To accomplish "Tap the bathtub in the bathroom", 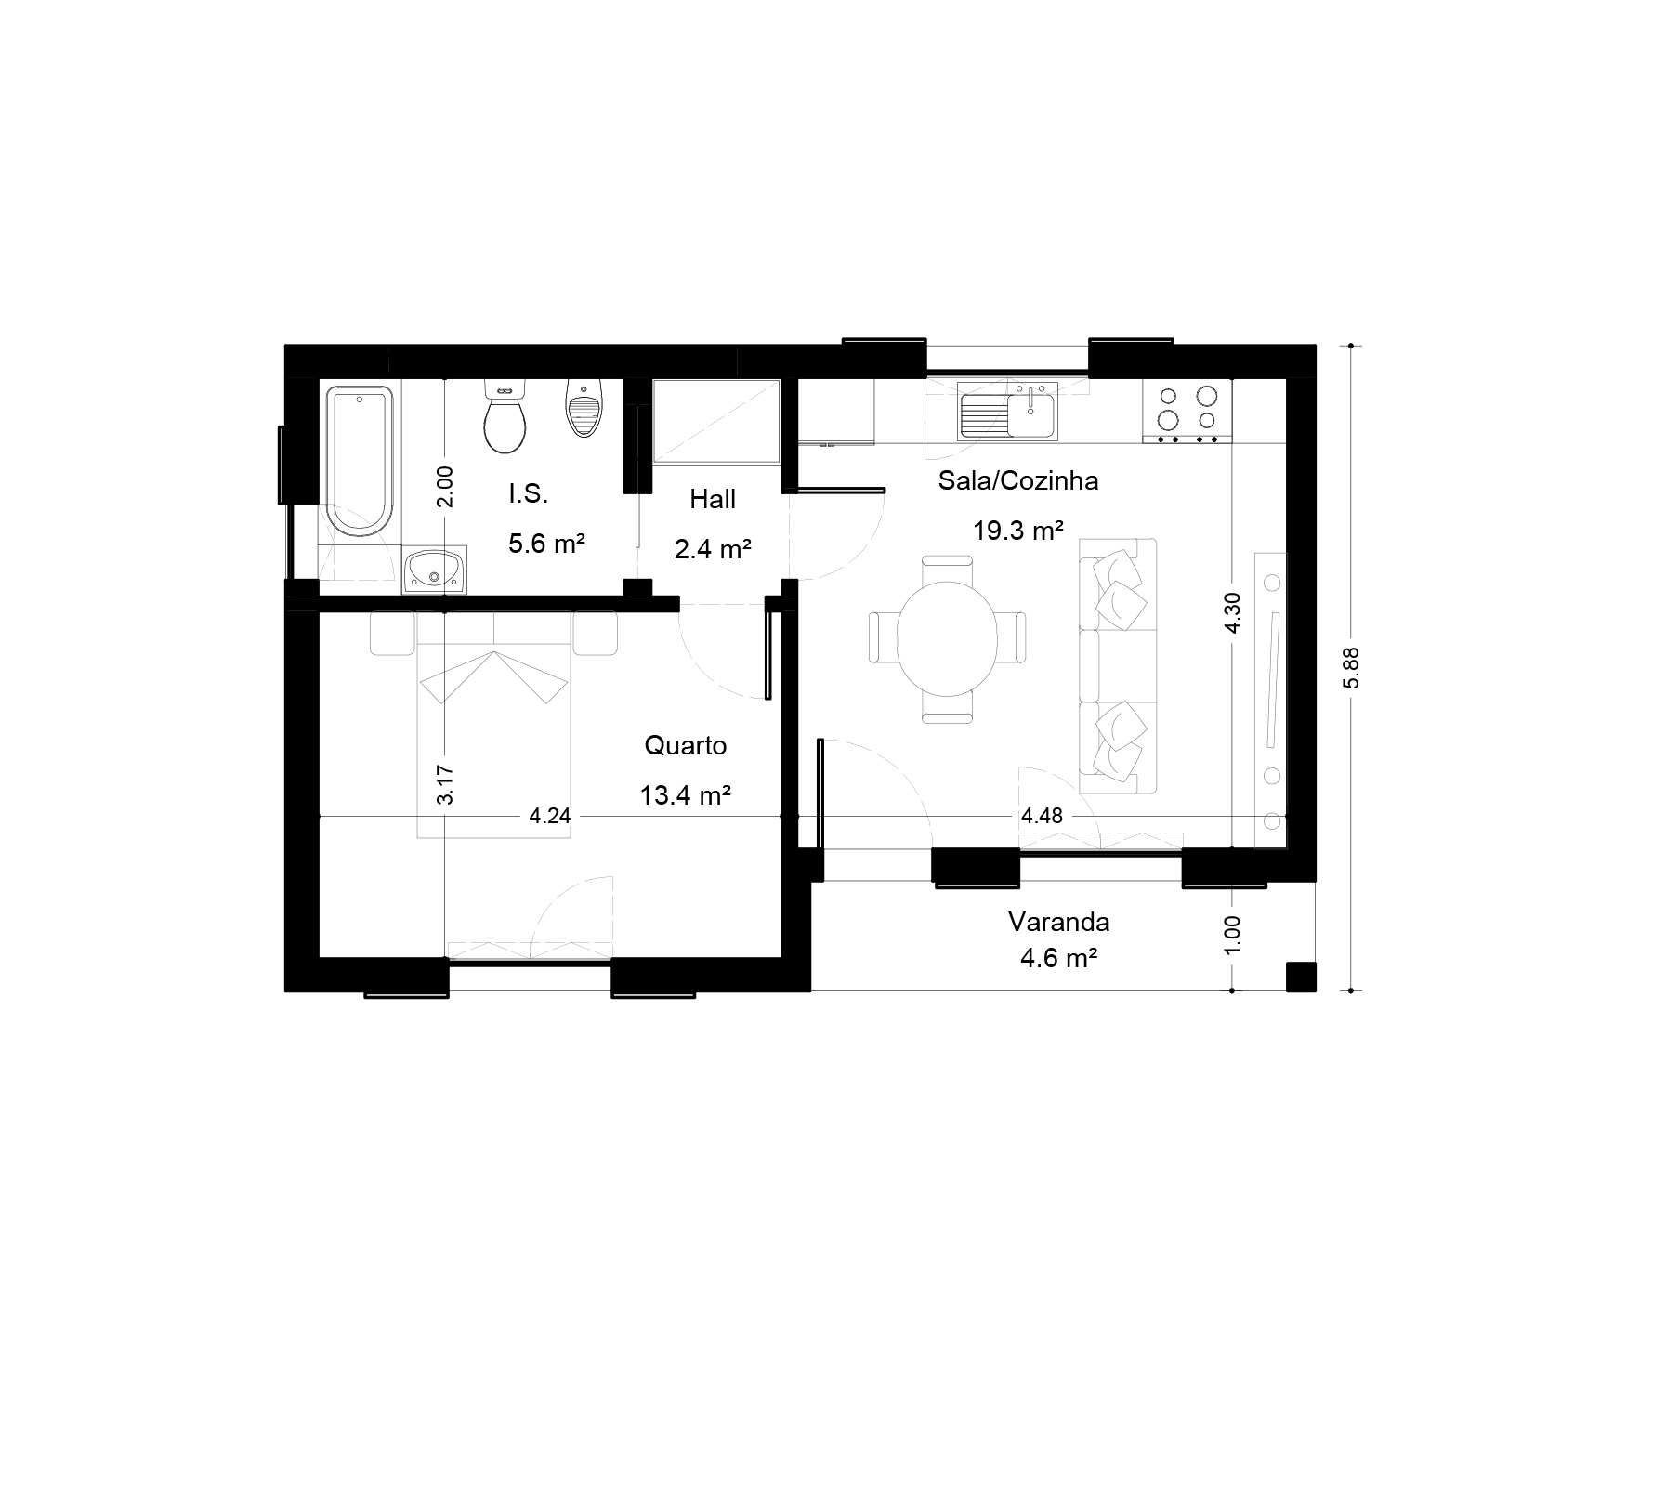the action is coord(360,462).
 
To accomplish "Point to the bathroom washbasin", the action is coord(435,569).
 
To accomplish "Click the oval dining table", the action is coord(947,638).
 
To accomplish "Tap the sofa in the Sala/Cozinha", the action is coord(1118,665).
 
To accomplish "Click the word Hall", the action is coord(713,500).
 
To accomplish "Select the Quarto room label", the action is coord(686,745).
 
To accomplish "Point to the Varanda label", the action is coord(1059,922).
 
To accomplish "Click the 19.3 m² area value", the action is coord(1018,531).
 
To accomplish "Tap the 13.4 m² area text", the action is coord(686,795).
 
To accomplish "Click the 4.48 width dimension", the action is coord(1042,816).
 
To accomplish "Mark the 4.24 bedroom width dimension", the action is coord(549,816).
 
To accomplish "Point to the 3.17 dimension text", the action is coord(445,784).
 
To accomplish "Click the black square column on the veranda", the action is coord(1301,977).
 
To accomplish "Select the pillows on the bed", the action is coord(493,676).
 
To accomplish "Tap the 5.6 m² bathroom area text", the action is coord(546,544).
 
